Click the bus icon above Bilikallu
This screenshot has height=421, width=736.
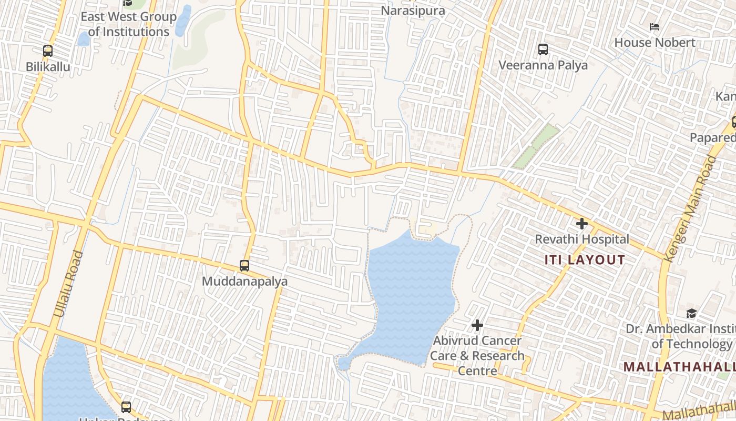point(48,51)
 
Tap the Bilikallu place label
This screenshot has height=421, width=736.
point(48,67)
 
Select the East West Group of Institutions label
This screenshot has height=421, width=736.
point(128,24)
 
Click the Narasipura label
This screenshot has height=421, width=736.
point(413,11)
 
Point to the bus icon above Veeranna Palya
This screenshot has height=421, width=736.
point(543,49)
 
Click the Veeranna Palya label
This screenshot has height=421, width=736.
point(543,65)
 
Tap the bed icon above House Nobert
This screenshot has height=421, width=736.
point(655,26)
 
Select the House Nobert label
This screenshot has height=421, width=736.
point(655,42)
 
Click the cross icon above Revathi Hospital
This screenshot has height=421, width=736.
point(581,224)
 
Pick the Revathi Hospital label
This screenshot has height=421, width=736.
point(582,239)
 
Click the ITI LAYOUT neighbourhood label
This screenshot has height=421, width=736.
point(585,260)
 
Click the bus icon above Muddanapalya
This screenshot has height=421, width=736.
point(244,266)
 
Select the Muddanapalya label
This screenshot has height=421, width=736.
point(244,282)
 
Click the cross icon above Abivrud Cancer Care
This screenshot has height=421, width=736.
point(477,325)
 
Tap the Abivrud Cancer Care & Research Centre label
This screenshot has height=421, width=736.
point(477,356)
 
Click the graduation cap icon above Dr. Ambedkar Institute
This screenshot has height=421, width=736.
point(691,314)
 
